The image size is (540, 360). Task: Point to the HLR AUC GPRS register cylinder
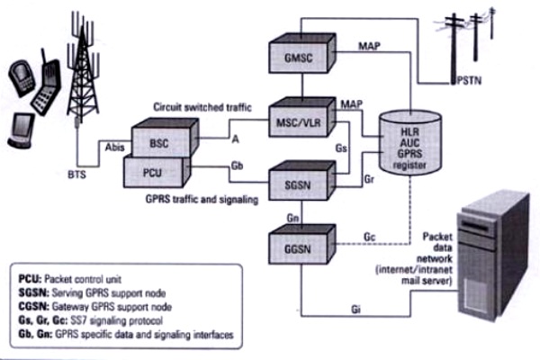click(409, 142)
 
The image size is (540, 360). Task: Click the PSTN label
click(469, 81)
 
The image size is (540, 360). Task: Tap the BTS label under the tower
click(76, 175)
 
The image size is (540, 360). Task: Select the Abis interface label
click(114, 148)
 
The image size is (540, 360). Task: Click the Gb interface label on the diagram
click(237, 166)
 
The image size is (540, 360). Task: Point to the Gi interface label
click(355, 310)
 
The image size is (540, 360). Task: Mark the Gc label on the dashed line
click(369, 237)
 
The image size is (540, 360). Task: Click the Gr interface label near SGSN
click(369, 179)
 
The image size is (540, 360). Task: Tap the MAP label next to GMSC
click(369, 46)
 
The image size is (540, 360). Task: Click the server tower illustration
click(493, 256)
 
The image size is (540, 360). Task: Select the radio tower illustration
click(83, 66)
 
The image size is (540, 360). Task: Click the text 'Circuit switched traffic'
click(202, 107)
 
